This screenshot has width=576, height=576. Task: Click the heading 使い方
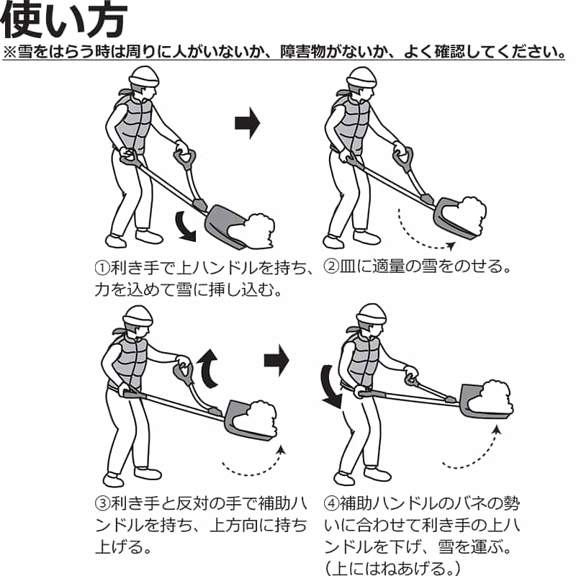(64, 21)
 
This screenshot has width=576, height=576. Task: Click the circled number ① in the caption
(102, 268)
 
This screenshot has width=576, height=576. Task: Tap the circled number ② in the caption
(331, 266)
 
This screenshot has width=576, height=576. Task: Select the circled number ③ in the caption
(102, 503)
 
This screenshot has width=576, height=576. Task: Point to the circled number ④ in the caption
(331, 503)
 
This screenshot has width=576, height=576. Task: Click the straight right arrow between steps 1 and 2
(247, 123)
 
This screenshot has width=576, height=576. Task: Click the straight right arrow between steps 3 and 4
(276, 361)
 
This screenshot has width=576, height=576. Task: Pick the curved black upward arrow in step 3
(208, 369)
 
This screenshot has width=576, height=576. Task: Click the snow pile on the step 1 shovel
(253, 230)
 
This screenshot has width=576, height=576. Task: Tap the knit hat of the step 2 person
(362, 78)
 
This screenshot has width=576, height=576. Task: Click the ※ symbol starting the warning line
(10, 53)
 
